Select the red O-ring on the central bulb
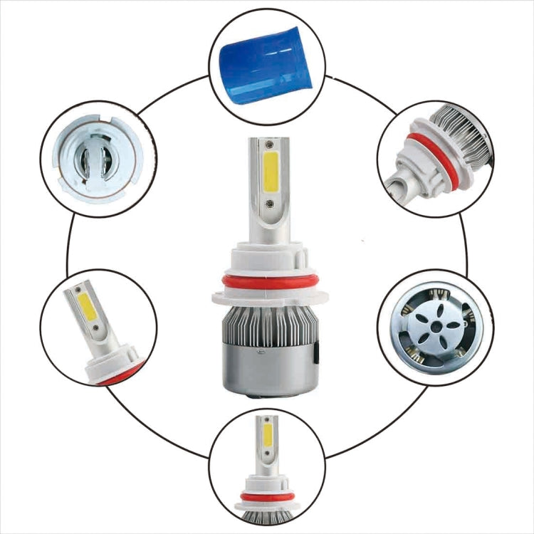267,282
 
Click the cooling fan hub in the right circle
434,326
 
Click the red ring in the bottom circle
267,496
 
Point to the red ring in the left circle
121,375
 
